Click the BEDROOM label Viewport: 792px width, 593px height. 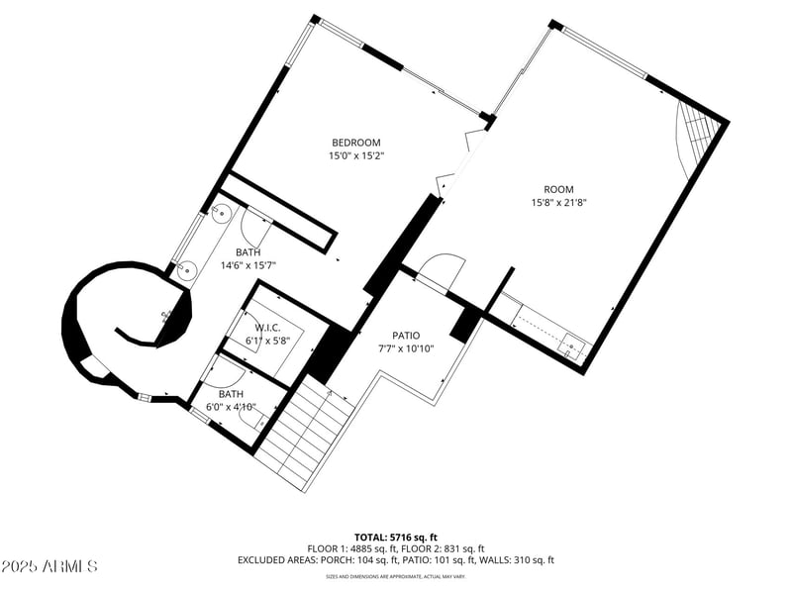(x=354, y=143)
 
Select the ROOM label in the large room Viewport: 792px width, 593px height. (x=558, y=189)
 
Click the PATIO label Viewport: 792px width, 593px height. (x=406, y=336)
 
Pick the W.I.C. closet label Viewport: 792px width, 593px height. (x=268, y=328)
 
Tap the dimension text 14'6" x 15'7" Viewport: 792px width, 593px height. (x=247, y=265)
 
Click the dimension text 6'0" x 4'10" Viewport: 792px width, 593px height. (x=232, y=406)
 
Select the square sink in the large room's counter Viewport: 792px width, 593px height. (x=571, y=346)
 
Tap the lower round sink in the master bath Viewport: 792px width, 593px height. (x=184, y=267)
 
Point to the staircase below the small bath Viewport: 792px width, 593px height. (x=303, y=436)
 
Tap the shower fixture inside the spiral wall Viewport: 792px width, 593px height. (x=166, y=317)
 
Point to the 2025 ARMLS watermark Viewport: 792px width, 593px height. (x=49, y=566)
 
